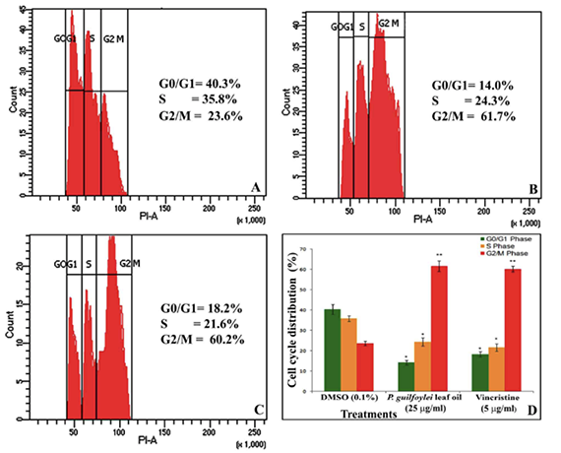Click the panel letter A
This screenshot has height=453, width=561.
255,186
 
